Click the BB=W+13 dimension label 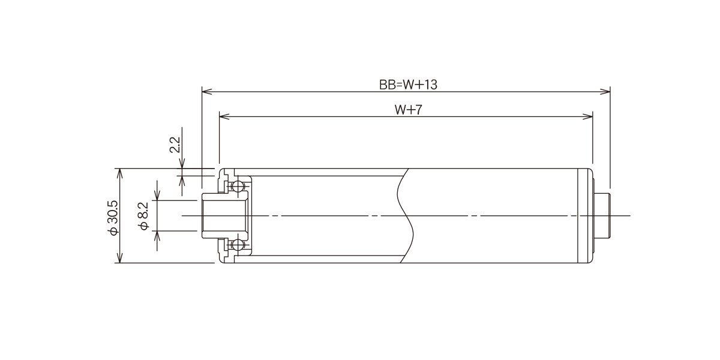click(408, 85)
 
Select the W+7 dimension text click(408, 110)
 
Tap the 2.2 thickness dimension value click(175, 145)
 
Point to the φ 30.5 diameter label click(113, 218)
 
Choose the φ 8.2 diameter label click(143, 216)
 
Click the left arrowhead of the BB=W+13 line click(206, 92)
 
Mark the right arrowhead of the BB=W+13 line click(605, 92)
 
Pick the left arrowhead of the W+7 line click(224, 116)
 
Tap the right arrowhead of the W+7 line click(588, 116)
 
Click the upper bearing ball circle click(237, 186)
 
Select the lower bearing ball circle click(237, 245)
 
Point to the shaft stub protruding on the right click(602, 215)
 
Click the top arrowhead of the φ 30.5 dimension click(119, 173)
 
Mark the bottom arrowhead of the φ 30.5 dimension click(119, 258)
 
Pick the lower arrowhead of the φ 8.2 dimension click(157, 236)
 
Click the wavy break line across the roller click(404, 215)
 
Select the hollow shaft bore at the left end click(225, 215)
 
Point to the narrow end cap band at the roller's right click(585, 215)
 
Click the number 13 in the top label click(431, 85)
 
